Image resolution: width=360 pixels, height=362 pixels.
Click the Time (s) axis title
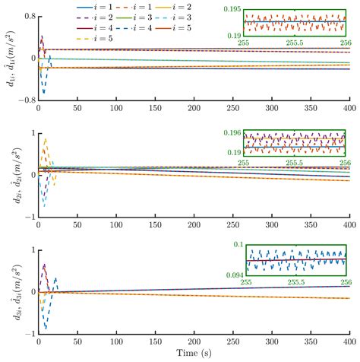pos(194,354)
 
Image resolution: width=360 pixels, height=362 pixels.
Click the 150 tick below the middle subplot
pos(155,225)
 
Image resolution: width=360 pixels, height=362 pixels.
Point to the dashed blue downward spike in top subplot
pos(43,93)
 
